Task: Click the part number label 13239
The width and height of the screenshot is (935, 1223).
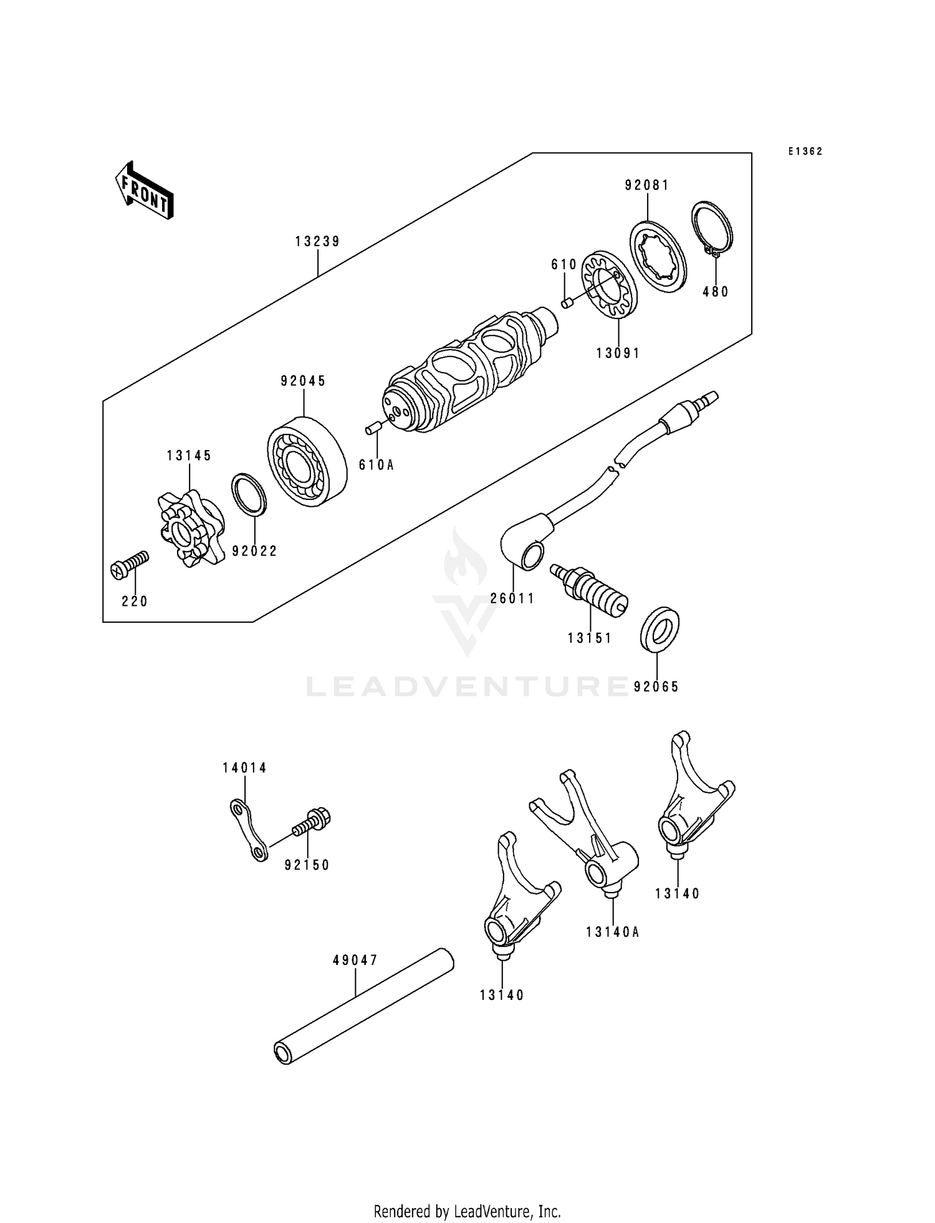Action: pyautogui.click(x=318, y=242)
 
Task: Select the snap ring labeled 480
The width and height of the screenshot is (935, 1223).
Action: pyautogui.click(x=713, y=229)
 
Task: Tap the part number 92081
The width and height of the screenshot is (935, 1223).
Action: pyautogui.click(x=647, y=185)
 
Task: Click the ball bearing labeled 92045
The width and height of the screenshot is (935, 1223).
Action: pyautogui.click(x=307, y=461)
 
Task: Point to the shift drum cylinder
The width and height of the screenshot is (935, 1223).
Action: pyautogui.click(x=461, y=374)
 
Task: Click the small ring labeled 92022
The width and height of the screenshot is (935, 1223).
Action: pyautogui.click(x=249, y=495)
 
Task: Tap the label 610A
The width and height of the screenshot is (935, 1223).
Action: pyautogui.click(x=376, y=464)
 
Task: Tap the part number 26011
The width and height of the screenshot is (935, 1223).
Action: pyautogui.click(x=512, y=598)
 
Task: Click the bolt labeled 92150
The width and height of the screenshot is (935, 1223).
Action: pyautogui.click(x=312, y=823)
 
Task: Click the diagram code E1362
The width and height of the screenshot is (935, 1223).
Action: pyautogui.click(x=805, y=151)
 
